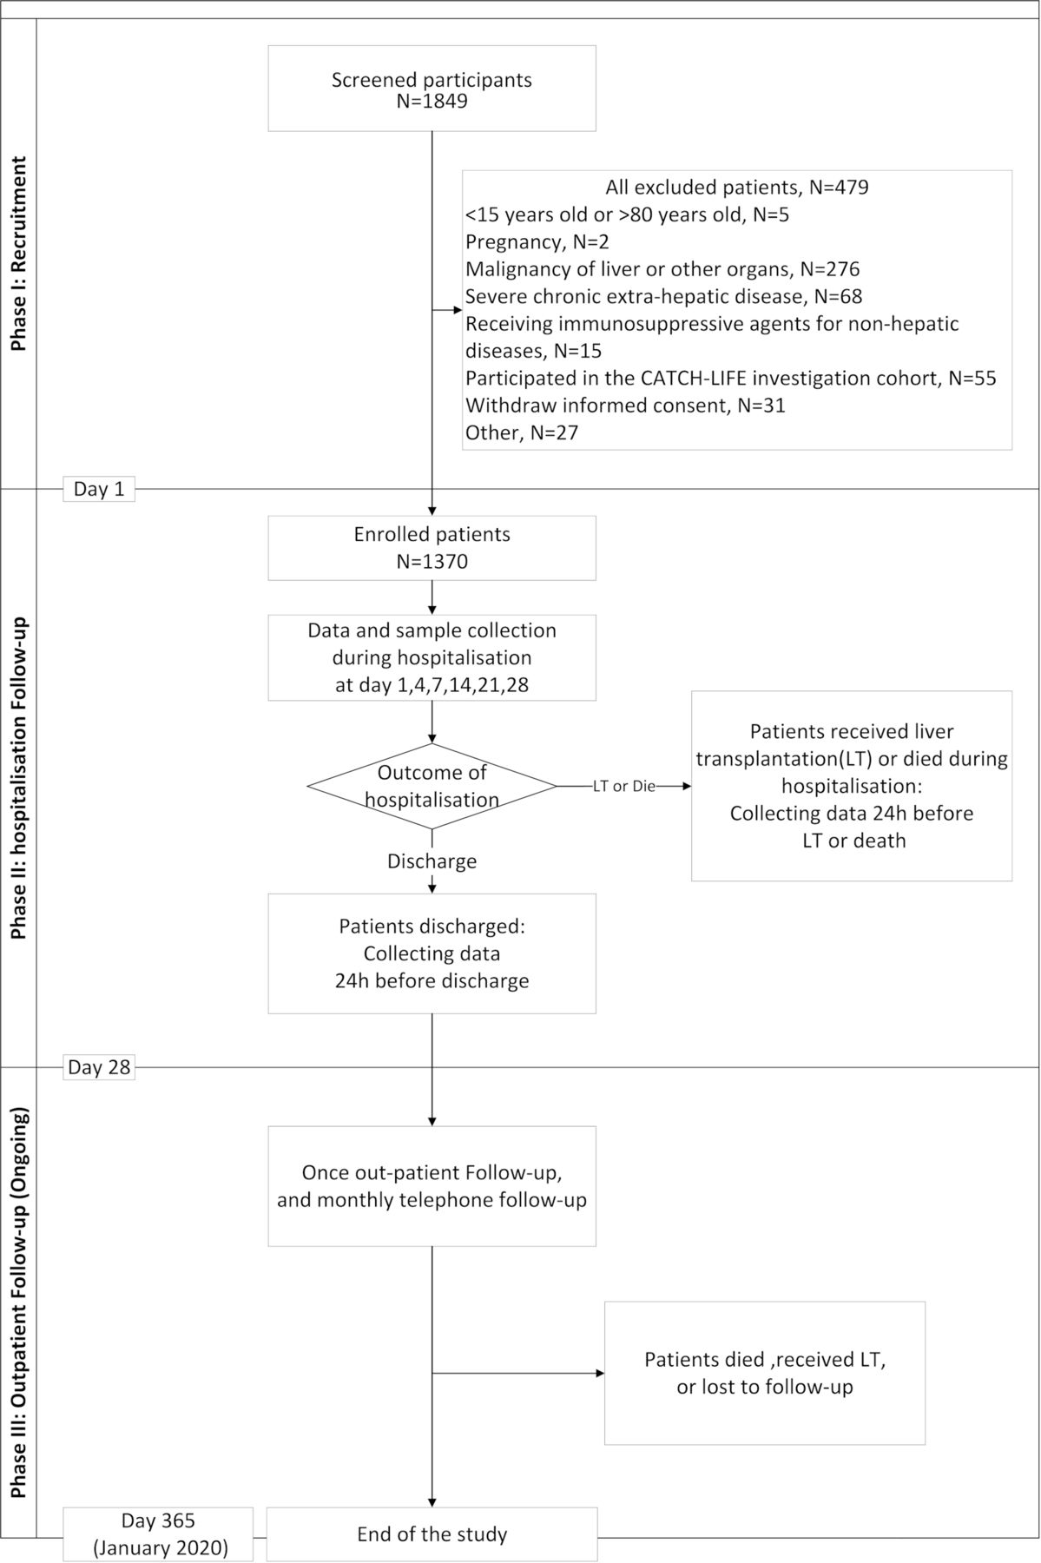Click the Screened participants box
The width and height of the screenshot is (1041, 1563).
click(432, 89)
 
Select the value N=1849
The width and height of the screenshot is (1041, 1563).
click(432, 102)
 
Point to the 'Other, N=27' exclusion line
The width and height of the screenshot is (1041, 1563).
click(522, 432)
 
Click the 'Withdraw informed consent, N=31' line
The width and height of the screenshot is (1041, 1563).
click(625, 406)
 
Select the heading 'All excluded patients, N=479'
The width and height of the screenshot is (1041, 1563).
click(737, 188)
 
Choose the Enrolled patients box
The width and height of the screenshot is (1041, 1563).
click(432, 548)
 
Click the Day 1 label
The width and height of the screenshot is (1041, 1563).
click(99, 489)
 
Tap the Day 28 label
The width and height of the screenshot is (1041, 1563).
click(99, 1067)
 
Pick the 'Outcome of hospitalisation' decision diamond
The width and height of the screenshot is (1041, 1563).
click(432, 786)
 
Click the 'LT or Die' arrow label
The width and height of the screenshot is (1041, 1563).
click(624, 787)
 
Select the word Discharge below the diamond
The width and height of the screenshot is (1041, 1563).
click(432, 861)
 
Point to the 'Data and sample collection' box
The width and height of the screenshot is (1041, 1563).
click(432, 657)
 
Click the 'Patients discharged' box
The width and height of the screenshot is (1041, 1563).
click(432, 953)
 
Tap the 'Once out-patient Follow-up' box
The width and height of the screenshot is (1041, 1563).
click(432, 1186)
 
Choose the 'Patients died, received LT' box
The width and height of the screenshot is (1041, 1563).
click(765, 1373)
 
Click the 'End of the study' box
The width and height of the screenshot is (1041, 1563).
click(432, 1534)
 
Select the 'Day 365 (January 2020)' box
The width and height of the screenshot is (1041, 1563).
click(158, 1534)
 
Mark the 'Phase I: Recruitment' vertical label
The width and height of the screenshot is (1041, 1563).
click(18, 254)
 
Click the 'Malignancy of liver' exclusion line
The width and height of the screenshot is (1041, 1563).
click(662, 269)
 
